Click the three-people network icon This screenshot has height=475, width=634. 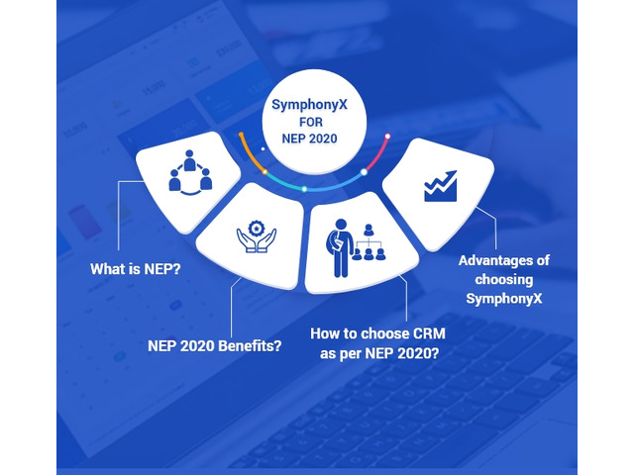(x=190, y=173)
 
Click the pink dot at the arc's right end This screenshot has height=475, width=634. (x=387, y=136)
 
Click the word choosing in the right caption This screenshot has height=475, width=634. (x=503, y=279)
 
